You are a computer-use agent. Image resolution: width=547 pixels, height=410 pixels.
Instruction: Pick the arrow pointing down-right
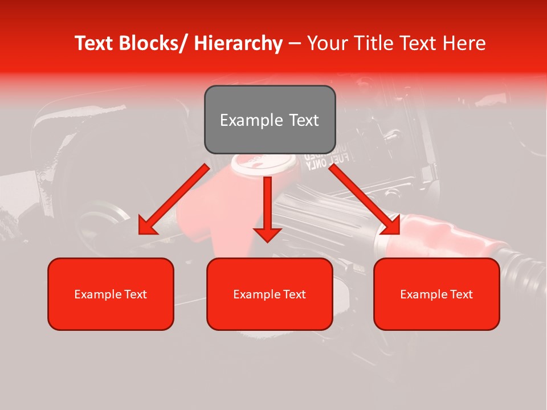[365, 199]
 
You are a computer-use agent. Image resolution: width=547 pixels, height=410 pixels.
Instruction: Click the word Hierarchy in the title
[238, 43]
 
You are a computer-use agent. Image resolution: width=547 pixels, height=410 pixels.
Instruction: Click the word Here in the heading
[464, 43]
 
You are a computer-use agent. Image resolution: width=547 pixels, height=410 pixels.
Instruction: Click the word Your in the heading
[326, 43]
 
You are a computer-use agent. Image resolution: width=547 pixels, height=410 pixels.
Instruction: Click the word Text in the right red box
[460, 294]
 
